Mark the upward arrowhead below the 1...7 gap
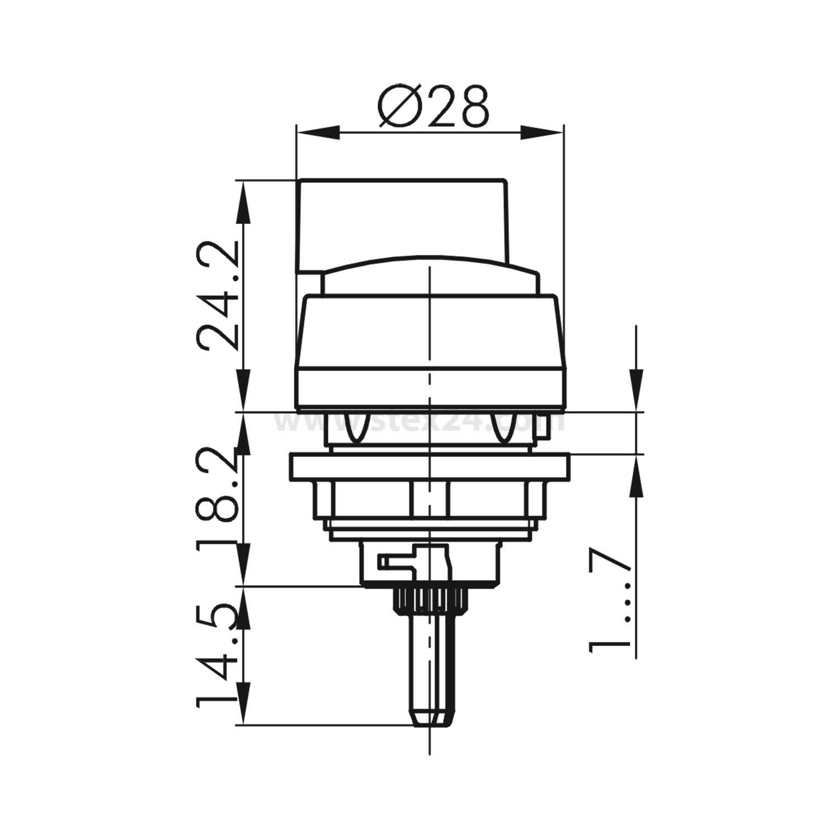[636, 475]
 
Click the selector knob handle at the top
[403, 221]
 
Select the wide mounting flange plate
[428, 466]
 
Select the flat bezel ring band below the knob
[430, 386]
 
